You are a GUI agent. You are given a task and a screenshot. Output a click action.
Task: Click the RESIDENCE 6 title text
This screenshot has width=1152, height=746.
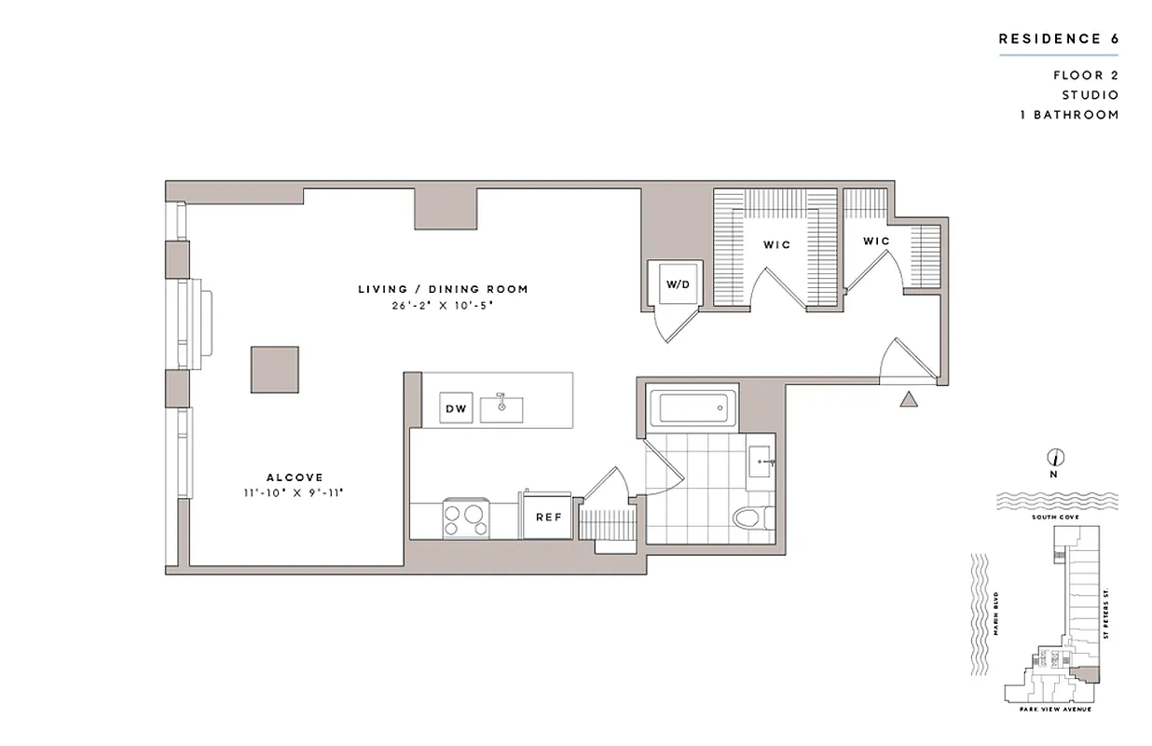pyautogui.click(x=1058, y=39)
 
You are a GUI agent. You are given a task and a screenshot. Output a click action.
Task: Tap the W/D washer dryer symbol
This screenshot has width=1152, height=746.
pyautogui.click(x=678, y=283)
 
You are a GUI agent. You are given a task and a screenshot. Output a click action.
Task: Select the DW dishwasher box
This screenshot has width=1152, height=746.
pyautogui.click(x=456, y=408)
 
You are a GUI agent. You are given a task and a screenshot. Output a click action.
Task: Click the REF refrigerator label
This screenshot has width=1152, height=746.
pyautogui.click(x=548, y=517)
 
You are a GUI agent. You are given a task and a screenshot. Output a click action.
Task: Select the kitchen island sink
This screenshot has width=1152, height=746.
pyautogui.click(x=501, y=408)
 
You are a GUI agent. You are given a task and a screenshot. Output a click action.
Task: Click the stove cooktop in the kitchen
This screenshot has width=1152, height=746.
pyautogui.click(x=465, y=518)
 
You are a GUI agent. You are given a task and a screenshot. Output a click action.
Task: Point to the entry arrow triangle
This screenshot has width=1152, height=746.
pyautogui.click(x=910, y=399)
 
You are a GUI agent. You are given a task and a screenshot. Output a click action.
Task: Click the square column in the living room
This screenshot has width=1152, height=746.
pyautogui.click(x=274, y=369)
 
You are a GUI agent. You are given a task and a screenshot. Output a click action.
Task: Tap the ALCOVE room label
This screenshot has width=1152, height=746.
pyautogui.click(x=295, y=477)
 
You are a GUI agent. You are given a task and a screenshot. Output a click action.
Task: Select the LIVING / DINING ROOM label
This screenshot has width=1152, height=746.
pyautogui.click(x=443, y=289)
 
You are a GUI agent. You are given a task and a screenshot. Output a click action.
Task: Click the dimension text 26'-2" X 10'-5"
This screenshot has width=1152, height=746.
pyautogui.click(x=443, y=305)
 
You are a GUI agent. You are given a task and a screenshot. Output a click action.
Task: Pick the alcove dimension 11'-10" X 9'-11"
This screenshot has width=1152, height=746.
pyautogui.click(x=295, y=493)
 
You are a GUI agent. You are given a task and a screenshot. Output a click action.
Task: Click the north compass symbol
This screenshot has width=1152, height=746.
pyautogui.click(x=1056, y=458)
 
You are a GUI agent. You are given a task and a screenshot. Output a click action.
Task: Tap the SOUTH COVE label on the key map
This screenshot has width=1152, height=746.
pyautogui.click(x=1056, y=516)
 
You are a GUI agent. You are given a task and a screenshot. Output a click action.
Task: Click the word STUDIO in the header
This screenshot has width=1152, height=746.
pyautogui.click(x=1090, y=95)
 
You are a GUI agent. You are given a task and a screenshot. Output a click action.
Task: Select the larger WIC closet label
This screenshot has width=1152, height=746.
pyautogui.click(x=776, y=245)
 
